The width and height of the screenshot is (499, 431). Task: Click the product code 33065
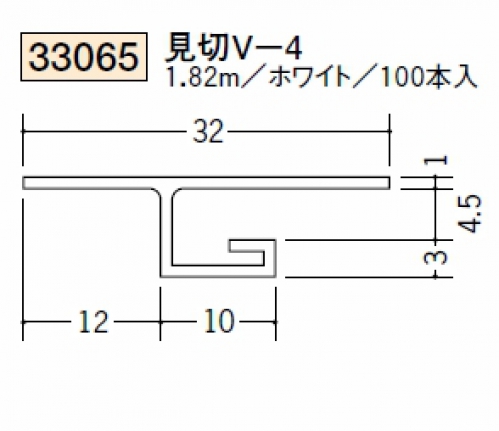pos(84,57)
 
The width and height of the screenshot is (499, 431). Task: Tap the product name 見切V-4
pos(234,50)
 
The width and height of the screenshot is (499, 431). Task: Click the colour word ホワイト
pos(310,78)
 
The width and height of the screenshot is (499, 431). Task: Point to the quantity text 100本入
pos(428,78)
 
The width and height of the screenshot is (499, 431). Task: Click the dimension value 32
pos(207,132)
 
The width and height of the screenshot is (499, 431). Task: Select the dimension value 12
pos(93,322)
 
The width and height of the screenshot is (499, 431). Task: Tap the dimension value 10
pos(219,321)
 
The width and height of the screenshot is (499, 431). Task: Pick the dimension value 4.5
pos(470,214)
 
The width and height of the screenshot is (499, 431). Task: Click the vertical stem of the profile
pos(166,233)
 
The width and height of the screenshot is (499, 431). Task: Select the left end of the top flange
pos(23,183)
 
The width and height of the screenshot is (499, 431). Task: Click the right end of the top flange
pos(389,183)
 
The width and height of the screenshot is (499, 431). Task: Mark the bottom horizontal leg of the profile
pos(218,271)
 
